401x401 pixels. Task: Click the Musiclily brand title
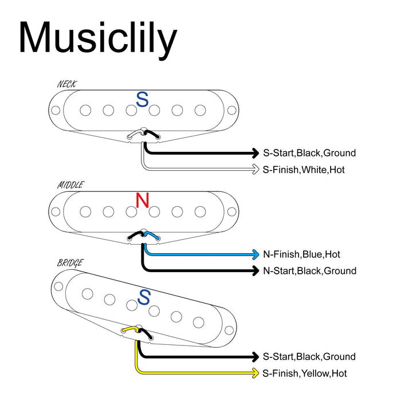coord(98,38)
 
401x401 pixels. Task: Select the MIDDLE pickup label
coord(70,185)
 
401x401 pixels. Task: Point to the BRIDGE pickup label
coord(70,263)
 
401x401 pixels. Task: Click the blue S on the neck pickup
coord(142,100)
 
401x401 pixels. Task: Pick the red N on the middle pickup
coord(142,200)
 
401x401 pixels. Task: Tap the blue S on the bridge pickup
coord(144,297)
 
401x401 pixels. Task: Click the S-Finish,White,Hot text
coord(304,170)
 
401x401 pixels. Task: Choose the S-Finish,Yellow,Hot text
coord(305,374)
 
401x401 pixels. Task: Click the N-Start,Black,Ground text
coord(309,270)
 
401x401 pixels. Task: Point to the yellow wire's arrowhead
coord(256,374)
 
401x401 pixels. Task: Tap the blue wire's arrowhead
coord(256,254)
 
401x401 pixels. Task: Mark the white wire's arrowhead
coord(256,169)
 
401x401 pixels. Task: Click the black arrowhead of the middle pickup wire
coord(256,270)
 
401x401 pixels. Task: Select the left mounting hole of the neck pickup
coord(56,110)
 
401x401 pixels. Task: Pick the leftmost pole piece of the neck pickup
coord(85,110)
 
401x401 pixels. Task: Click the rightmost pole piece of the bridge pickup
coord(198,321)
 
